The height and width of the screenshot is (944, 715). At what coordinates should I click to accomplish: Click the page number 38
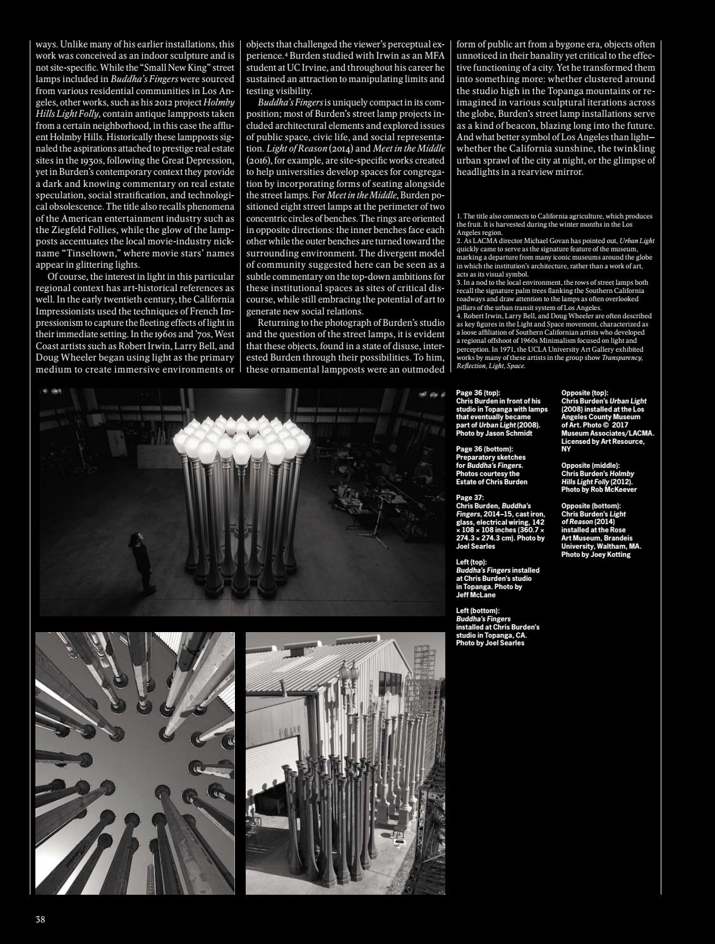[40, 919]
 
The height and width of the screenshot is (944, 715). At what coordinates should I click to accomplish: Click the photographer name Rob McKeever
[610, 489]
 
